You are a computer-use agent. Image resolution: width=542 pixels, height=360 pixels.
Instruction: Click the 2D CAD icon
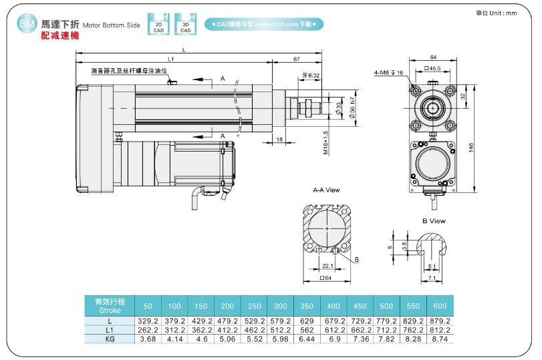tap(158, 25)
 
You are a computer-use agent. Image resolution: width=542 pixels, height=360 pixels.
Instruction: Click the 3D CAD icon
tap(185, 25)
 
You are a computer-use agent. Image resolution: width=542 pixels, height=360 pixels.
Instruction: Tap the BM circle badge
tap(27, 25)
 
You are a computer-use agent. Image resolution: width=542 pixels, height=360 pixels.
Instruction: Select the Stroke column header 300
tap(281, 306)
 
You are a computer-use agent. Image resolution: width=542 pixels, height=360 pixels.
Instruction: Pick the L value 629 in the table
tap(307, 321)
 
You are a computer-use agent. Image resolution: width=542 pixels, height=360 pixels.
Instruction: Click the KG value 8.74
tap(439, 339)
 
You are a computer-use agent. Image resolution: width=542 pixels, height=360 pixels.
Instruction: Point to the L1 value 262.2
tap(148, 330)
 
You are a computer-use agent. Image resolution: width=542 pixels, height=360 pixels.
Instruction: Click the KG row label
tap(109, 339)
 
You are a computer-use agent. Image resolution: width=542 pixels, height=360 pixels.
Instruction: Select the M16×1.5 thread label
tap(325, 142)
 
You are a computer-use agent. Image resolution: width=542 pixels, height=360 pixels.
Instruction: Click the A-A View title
tap(327, 191)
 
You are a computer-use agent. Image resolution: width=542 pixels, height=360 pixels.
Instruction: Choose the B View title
tap(434, 220)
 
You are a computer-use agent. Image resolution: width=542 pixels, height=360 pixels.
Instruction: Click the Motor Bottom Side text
tap(112, 25)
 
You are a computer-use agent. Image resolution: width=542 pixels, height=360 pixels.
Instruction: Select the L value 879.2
tap(439, 321)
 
